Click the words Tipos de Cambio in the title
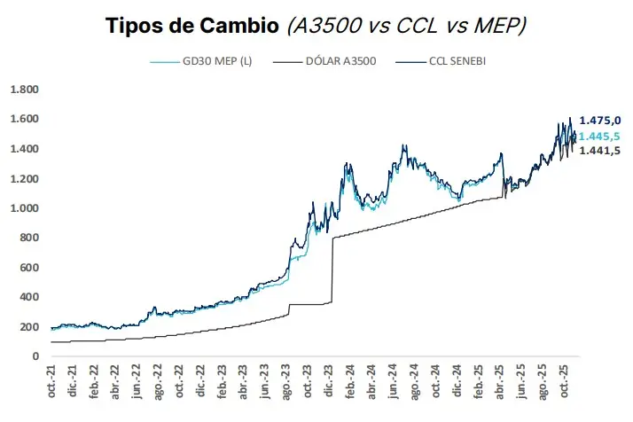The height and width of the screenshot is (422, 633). click(190, 26)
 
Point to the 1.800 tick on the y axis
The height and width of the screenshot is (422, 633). click(24, 90)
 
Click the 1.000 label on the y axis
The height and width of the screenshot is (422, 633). click(24, 208)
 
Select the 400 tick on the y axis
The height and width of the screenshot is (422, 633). click(30, 297)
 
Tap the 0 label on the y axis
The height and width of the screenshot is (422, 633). click(35, 356)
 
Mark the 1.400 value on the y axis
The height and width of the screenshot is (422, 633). click(24, 149)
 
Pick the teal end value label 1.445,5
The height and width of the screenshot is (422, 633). click(599, 136)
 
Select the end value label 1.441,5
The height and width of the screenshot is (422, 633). click(599, 151)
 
